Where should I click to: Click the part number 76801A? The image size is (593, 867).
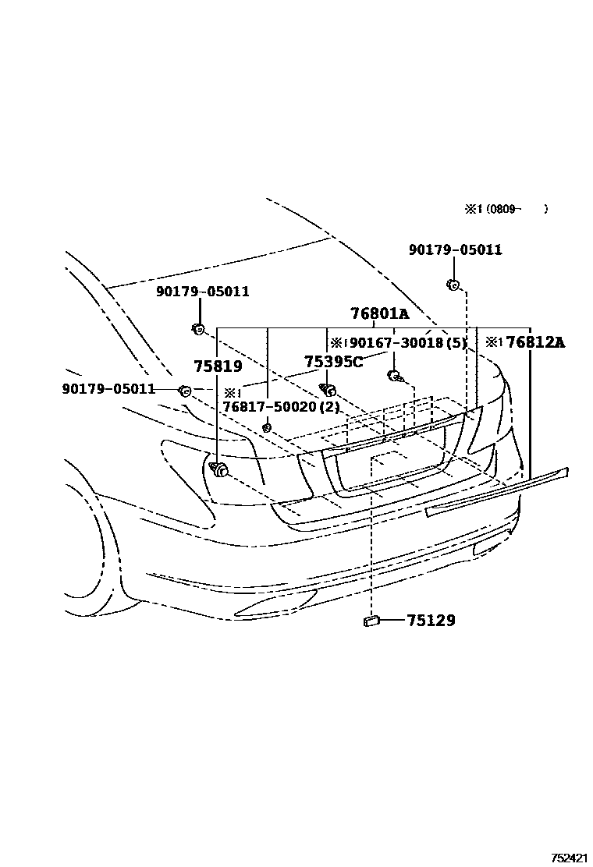click(x=379, y=314)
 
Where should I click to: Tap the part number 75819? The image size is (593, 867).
click(x=218, y=366)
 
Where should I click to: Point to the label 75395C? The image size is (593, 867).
click(x=333, y=362)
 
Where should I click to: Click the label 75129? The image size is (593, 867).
click(x=430, y=621)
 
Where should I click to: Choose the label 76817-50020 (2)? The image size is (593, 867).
click(x=270, y=407)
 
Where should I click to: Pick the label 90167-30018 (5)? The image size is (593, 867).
click(x=406, y=343)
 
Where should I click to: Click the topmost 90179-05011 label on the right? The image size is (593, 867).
click(x=455, y=250)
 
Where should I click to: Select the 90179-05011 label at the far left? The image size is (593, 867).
click(x=108, y=389)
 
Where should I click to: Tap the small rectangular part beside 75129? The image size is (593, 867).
click(x=371, y=621)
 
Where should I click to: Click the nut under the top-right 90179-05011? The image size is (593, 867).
click(x=452, y=285)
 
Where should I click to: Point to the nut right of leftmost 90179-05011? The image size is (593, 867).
click(x=185, y=390)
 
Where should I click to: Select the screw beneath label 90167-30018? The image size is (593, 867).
click(x=395, y=377)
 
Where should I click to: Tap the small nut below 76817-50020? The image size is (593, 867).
click(x=267, y=426)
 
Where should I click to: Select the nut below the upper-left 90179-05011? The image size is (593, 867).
click(x=198, y=329)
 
